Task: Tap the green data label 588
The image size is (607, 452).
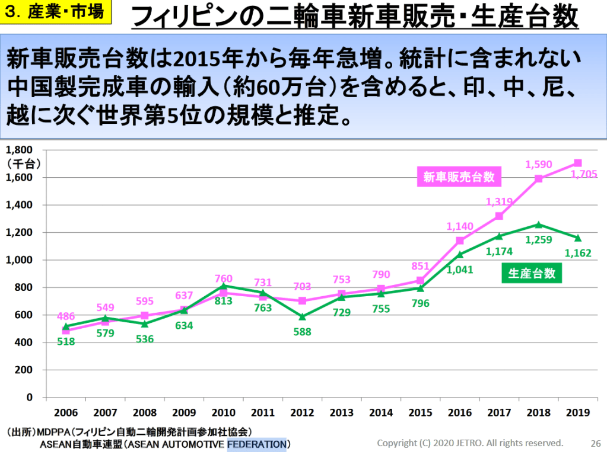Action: coord(302,332)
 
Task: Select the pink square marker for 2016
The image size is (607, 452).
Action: coord(460,241)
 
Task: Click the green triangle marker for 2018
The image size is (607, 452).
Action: coord(539,225)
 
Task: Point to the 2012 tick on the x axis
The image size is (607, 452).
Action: coord(302,412)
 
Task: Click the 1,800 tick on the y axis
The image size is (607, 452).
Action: coord(20,150)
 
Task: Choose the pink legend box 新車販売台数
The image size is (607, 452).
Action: coord(459,176)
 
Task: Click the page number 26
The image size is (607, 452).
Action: coord(595,443)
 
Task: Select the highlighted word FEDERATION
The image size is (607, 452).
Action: coord(256,444)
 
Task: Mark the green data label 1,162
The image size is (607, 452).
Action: coord(578,254)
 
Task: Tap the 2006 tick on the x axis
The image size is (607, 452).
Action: coord(65,412)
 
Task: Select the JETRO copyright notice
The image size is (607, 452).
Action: coord(471,443)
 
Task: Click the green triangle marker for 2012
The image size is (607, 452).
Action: coord(302,316)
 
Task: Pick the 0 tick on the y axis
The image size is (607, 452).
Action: coord(29,397)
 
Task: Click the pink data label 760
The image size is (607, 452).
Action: coord(223,278)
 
